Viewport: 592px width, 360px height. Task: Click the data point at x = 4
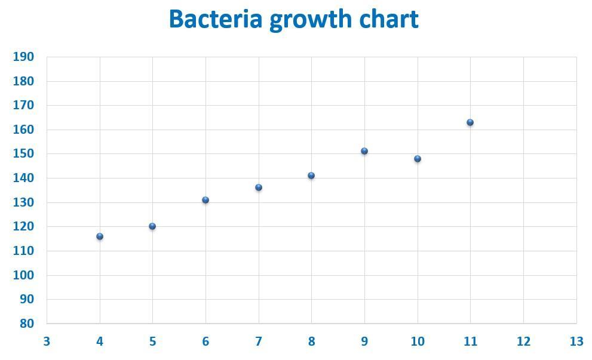(100, 236)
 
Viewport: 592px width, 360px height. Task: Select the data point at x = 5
(152, 226)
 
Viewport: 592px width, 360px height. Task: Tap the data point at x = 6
(205, 200)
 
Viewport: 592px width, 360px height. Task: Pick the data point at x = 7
(259, 187)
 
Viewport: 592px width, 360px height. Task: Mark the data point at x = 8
(311, 176)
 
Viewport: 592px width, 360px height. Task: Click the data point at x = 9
(364, 151)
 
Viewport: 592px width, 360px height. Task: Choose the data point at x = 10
(418, 159)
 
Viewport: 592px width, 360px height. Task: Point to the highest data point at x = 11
(470, 122)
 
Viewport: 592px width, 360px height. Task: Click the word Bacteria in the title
(216, 19)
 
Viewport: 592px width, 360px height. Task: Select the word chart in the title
(389, 19)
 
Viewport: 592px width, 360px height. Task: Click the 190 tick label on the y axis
(23, 57)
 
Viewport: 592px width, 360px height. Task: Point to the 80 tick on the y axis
(27, 324)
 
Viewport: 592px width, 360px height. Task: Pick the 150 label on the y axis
(23, 153)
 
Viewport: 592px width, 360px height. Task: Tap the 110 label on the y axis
(23, 251)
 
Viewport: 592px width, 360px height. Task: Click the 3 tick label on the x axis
(47, 341)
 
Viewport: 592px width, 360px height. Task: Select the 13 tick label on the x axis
(576, 341)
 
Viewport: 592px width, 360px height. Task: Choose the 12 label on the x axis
(523, 341)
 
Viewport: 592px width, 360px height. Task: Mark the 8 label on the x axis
(311, 341)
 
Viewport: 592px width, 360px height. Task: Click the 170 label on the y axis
(23, 105)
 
